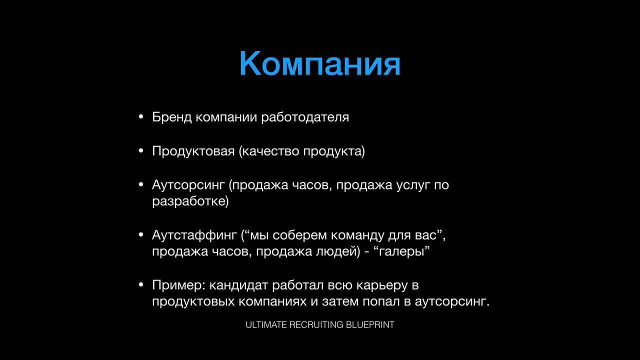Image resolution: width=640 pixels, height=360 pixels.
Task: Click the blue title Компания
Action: [x=319, y=63]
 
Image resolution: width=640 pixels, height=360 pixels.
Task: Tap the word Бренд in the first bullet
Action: [x=171, y=117]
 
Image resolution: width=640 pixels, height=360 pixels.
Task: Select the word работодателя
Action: [x=305, y=117]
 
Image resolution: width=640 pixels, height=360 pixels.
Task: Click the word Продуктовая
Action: [x=193, y=151]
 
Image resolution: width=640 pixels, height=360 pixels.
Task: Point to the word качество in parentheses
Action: [x=271, y=151]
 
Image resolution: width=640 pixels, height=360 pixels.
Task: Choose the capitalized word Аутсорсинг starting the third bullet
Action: [x=188, y=185]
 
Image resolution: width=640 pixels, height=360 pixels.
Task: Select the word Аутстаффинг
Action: [x=194, y=235]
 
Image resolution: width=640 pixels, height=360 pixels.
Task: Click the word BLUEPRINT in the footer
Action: [x=370, y=325]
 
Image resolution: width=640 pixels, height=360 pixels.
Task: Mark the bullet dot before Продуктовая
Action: [x=141, y=151]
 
